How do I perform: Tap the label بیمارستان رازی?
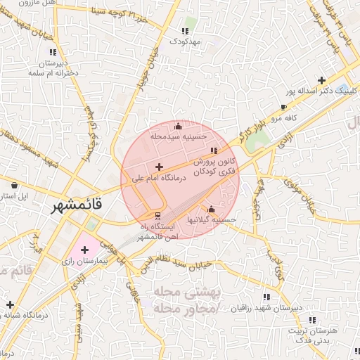tap(85, 262)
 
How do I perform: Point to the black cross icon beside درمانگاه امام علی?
tap(158, 167)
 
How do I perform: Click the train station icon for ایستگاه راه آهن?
tap(158, 215)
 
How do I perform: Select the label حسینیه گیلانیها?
tap(211, 220)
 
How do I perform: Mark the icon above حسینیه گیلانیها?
tap(211, 209)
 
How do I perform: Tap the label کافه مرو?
tap(283, 119)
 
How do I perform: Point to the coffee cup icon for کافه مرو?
tap(283, 108)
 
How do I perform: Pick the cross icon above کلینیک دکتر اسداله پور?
tap(321, 80)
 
